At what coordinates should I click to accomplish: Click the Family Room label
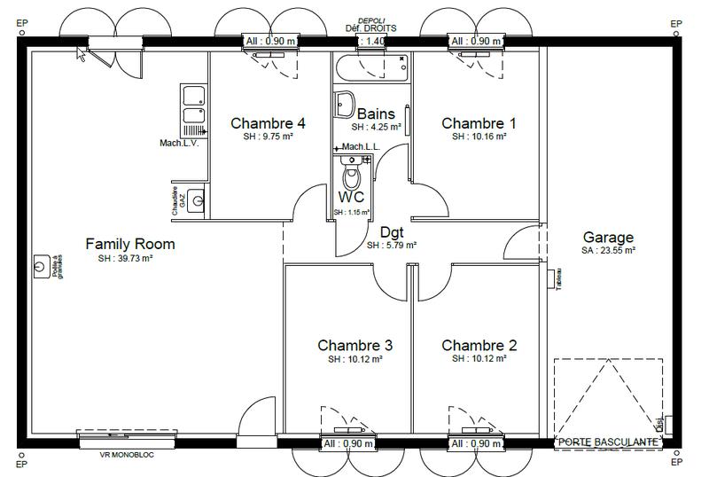click(x=129, y=244)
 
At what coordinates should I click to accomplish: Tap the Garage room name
click(x=608, y=237)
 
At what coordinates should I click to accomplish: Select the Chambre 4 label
click(x=268, y=123)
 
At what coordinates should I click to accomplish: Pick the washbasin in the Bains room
click(x=347, y=104)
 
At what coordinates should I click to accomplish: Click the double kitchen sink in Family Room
click(x=193, y=106)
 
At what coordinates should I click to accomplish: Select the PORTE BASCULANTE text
click(x=607, y=442)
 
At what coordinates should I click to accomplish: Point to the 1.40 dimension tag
click(x=375, y=41)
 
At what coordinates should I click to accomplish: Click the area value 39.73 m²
click(x=126, y=259)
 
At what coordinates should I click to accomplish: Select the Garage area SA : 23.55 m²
click(x=608, y=251)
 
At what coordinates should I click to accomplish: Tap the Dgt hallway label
click(x=392, y=231)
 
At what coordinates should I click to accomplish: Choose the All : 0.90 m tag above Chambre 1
click(x=476, y=41)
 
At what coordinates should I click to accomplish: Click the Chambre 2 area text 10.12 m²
click(x=479, y=359)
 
